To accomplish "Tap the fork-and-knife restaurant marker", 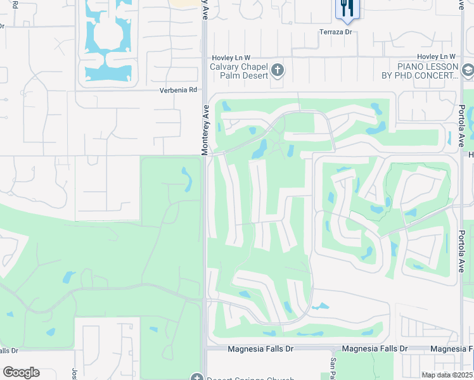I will pyautogui.click(x=347, y=8).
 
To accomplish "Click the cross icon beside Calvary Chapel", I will pyautogui.click(x=278, y=70).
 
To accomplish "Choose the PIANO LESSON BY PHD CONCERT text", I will pyautogui.click(x=428, y=71).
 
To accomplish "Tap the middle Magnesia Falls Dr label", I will pyautogui.click(x=375, y=349).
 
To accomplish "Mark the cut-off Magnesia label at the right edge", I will pyautogui.click(x=451, y=349).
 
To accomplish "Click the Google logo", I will pyautogui.click(x=21, y=372).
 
